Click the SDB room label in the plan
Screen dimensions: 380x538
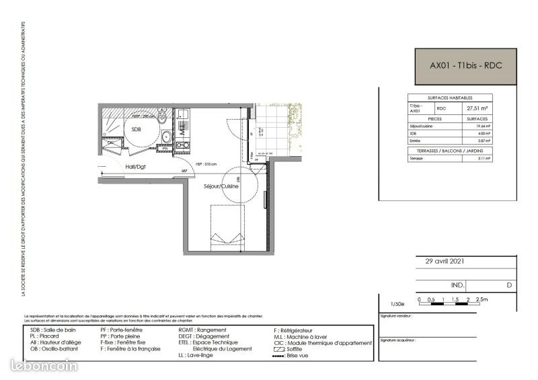click(x=137, y=130)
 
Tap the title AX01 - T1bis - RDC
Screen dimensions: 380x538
click(x=466, y=66)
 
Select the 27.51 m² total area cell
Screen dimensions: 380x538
click(x=477, y=108)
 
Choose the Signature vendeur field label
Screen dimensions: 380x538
click(x=396, y=315)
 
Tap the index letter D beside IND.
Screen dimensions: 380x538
click(x=509, y=285)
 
